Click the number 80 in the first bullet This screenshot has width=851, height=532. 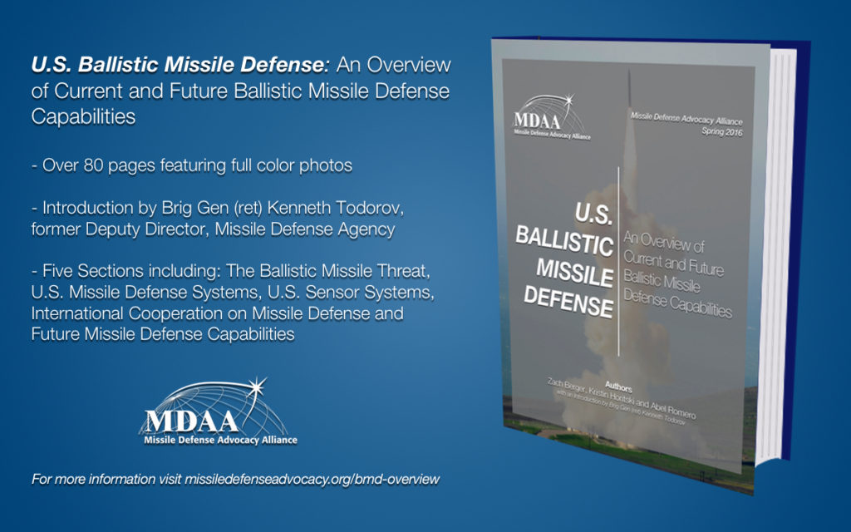tap(93, 165)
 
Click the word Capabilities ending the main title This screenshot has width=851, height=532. tap(83, 116)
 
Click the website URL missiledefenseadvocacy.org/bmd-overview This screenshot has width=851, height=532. tap(312, 480)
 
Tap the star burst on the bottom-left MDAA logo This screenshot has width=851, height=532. tap(257, 387)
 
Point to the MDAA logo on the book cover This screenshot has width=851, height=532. tap(552, 117)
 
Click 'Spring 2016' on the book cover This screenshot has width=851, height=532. tap(722, 131)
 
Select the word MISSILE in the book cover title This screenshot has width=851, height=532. tap(574, 273)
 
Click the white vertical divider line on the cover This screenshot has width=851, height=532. tap(618, 262)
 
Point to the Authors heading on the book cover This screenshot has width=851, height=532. tap(618, 387)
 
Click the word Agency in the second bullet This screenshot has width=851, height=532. tap(366, 229)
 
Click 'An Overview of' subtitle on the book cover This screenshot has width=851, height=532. tap(664, 242)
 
